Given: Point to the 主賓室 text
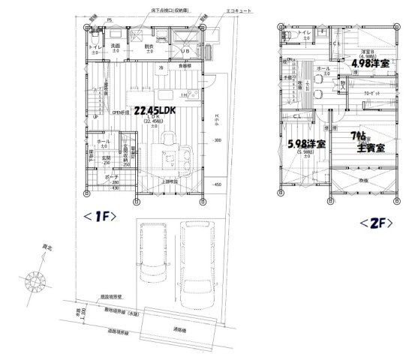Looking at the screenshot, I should pyautogui.click(x=370, y=148).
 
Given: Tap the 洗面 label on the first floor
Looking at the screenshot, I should pyautogui.click(x=116, y=46).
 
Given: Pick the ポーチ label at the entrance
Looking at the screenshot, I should pyautogui.click(x=95, y=177).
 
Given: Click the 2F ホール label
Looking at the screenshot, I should pyautogui.click(x=323, y=68).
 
